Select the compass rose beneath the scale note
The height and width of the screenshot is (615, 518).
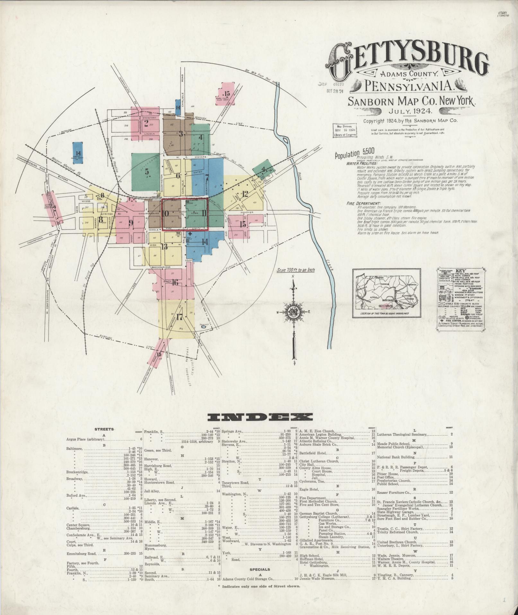(x=293, y=312)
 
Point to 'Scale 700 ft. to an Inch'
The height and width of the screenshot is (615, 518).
(x=295, y=270)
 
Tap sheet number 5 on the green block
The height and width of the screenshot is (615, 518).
(x=147, y=171)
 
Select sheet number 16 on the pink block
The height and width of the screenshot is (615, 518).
(x=175, y=283)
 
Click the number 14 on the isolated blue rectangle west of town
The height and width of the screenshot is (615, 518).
(x=78, y=154)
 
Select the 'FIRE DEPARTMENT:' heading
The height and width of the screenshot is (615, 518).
(x=359, y=203)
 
